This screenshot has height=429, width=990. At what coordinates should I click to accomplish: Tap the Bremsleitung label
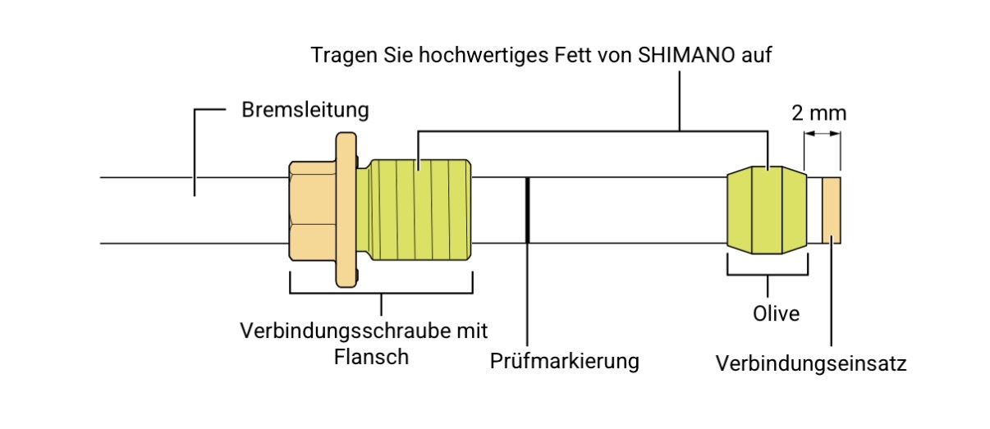(x=305, y=110)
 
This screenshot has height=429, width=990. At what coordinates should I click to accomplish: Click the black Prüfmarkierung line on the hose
(x=527, y=210)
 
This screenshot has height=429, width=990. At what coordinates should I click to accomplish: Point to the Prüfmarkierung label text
(x=564, y=361)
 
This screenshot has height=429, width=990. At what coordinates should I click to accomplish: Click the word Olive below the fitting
(x=776, y=313)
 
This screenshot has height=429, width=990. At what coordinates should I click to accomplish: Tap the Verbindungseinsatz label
(x=811, y=363)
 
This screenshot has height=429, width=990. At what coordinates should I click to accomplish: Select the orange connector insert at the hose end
(x=832, y=211)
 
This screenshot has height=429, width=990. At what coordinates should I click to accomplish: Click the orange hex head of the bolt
(x=313, y=211)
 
